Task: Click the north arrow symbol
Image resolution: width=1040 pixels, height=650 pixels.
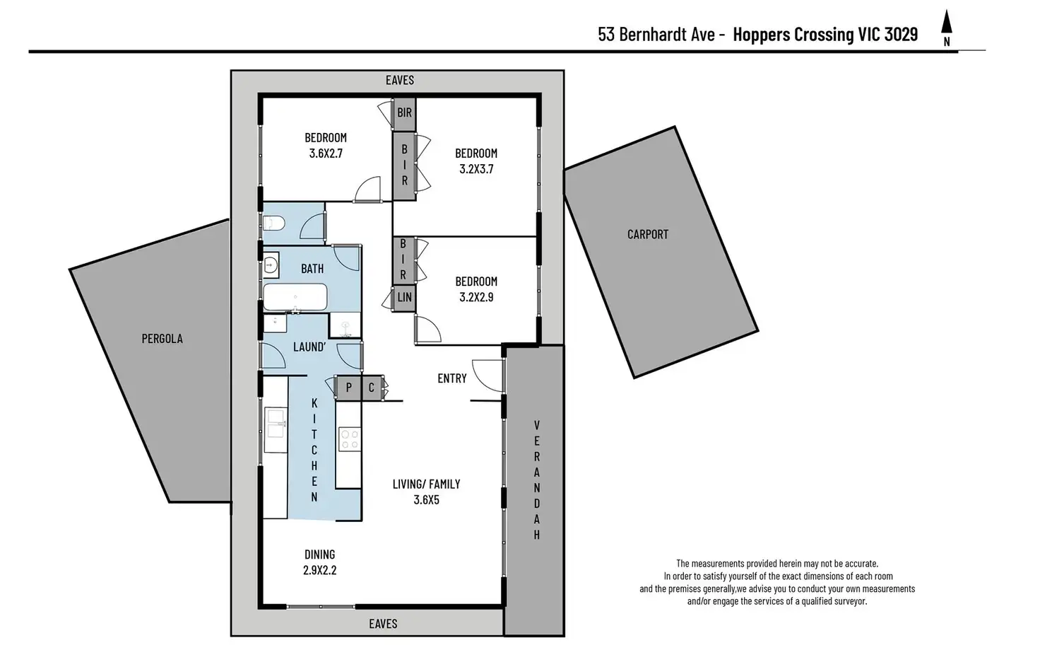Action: [x=947, y=27]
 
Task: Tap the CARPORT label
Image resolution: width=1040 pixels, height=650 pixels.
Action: [x=647, y=234]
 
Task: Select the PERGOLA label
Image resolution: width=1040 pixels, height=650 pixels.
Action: [x=162, y=339]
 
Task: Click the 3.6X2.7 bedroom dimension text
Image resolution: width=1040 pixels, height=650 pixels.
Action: [x=326, y=153]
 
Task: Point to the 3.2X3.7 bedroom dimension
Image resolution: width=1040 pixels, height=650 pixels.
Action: [x=476, y=169]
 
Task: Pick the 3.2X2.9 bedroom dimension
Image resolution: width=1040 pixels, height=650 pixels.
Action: [x=476, y=297]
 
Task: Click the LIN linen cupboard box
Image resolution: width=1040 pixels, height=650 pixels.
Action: [x=404, y=298]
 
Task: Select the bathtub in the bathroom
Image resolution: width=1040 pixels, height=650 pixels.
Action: [x=295, y=297]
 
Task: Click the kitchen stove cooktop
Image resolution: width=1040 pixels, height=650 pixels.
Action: [x=349, y=439]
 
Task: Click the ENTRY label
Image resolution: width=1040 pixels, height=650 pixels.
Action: [x=451, y=378]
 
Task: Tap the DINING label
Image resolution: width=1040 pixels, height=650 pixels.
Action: [x=319, y=555]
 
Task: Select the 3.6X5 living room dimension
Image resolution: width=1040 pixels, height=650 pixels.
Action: [x=426, y=500]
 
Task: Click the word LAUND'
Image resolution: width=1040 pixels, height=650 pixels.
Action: [x=309, y=347]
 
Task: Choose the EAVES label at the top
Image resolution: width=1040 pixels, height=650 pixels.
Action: [x=399, y=81]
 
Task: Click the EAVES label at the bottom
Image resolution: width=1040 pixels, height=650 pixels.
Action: [x=383, y=624]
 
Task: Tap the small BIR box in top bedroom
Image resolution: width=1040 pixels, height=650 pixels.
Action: [x=404, y=113]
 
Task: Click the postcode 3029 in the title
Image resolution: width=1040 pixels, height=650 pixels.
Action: [x=901, y=34]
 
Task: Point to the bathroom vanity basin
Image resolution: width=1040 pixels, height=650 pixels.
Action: [x=271, y=267]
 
